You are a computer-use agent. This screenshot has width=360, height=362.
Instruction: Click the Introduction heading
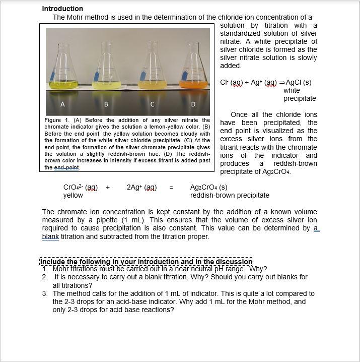pyautogui.click(x=62, y=9)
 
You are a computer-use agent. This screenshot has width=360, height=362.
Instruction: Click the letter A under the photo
pyautogui.click(x=62, y=104)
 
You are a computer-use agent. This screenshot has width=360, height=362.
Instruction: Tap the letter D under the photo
pyautogui.click(x=193, y=104)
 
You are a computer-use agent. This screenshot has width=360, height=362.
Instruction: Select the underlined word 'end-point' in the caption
pyautogui.click(x=67, y=167)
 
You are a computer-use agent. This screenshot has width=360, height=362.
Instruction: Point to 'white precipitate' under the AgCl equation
pyautogui.click(x=299, y=94)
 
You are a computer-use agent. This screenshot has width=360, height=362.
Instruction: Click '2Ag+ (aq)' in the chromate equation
pyautogui.click(x=141, y=188)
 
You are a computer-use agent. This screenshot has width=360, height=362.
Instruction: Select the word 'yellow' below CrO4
pyautogui.click(x=73, y=195)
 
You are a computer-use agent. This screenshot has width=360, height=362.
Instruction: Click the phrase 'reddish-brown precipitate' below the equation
pyautogui.click(x=230, y=195)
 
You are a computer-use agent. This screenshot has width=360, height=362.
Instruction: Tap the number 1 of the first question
pyautogui.click(x=44, y=269)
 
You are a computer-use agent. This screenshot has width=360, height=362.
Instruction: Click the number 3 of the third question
pyautogui.click(x=44, y=293)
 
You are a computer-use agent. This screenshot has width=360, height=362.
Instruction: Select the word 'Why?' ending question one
pyautogui.click(x=258, y=269)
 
